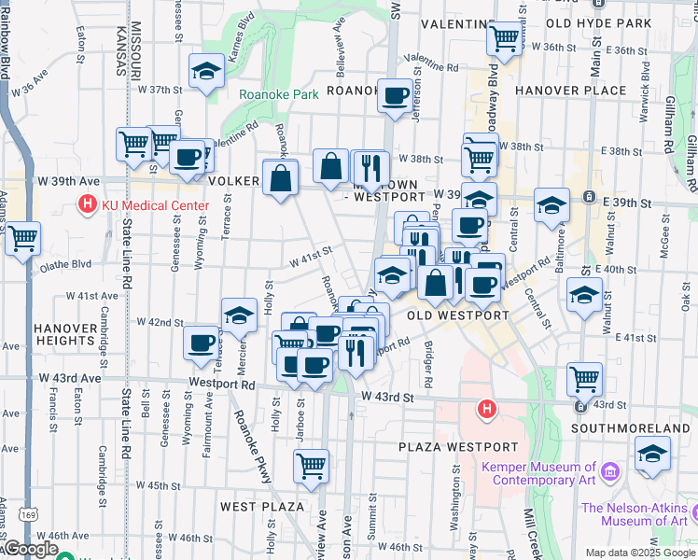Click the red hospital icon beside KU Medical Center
click(x=88, y=203)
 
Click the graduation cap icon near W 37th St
click(x=205, y=70)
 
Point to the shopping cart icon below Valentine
click(x=504, y=38)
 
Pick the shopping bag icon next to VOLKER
click(x=280, y=176)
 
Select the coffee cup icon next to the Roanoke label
click(x=395, y=94)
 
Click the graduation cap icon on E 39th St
click(x=551, y=205)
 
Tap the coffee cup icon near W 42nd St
click(x=202, y=343)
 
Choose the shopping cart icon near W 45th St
click(x=311, y=465)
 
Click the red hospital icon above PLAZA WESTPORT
click(x=485, y=409)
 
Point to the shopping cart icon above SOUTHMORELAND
click(x=584, y=378)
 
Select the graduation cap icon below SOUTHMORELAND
click(x=652, y=455)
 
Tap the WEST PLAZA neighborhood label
click(x=262, y=507)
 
